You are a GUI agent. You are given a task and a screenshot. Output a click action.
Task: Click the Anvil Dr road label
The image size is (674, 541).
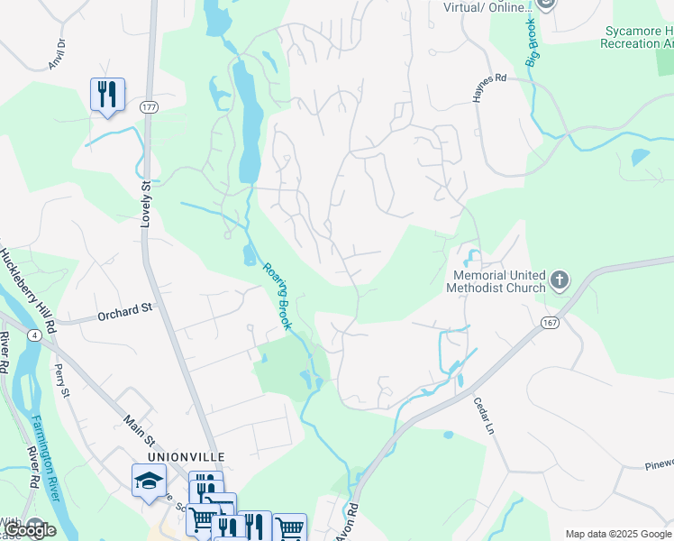(x=57, y=55)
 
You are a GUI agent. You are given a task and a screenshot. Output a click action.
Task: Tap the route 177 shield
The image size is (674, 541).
(x=149, y=107)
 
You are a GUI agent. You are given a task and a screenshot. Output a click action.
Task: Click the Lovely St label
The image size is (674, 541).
(x=146, y=203)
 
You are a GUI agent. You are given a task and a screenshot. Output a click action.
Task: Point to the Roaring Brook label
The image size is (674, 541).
(x=277, y=295)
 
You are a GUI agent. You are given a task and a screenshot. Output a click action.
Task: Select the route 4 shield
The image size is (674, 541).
(x=33, y=335)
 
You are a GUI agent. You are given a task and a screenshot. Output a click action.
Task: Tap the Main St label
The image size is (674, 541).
(x=140, y=428)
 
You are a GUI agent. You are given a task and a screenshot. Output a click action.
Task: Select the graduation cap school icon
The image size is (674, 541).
(x=149, y=480)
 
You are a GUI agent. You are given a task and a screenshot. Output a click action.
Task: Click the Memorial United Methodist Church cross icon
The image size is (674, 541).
(x=560, y=280)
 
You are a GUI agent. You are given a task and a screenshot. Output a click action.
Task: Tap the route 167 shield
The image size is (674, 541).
(x=549, y=323)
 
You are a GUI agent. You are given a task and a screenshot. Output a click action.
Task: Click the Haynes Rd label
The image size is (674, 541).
(x=490, y=78)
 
